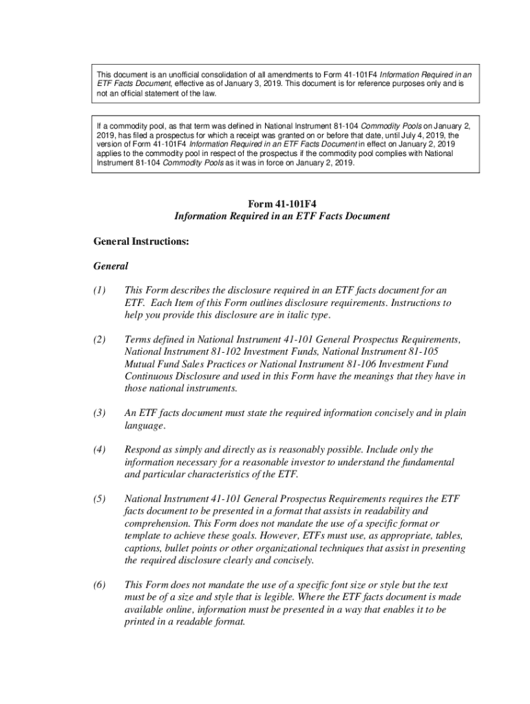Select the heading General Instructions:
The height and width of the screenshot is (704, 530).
[x=141, y=242]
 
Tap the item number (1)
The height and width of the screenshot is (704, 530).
[x=100, y=290]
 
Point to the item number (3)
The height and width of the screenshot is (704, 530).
[x=100, y=413]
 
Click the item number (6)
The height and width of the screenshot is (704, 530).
[x=100, y=585]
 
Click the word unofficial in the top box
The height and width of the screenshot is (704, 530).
[x=178, y=74]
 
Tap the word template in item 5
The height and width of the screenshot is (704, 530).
[x=145, y=536]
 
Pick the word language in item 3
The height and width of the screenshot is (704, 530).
[x=145, y=426]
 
